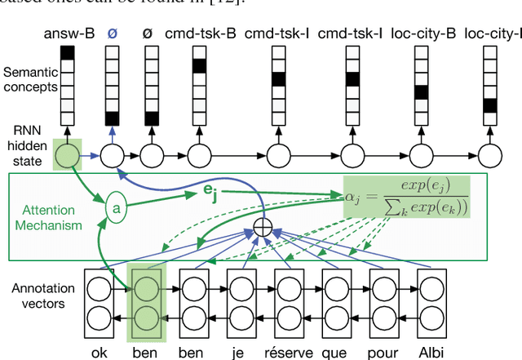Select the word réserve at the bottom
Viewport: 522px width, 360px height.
[289, 353]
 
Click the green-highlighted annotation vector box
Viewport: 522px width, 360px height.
[146, 302]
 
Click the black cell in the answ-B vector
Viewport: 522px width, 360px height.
[67, 53]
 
